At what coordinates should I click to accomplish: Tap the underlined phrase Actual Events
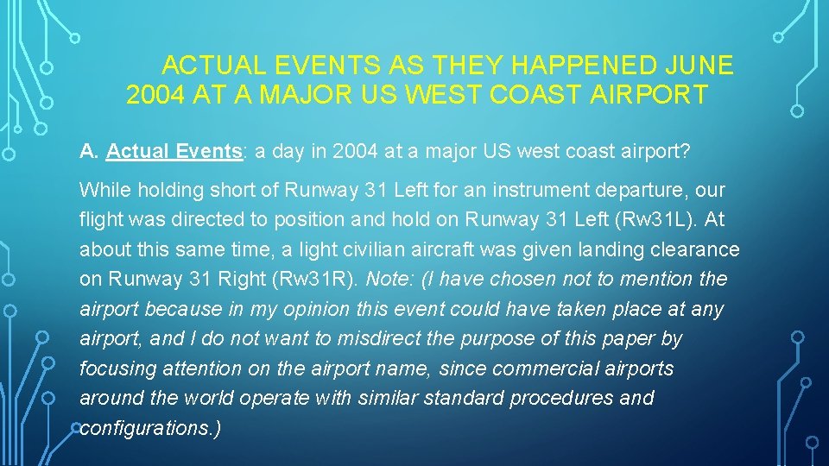pos(173,152)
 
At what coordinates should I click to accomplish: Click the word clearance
pos(699,249)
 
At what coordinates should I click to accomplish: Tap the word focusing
pos(111,369)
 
